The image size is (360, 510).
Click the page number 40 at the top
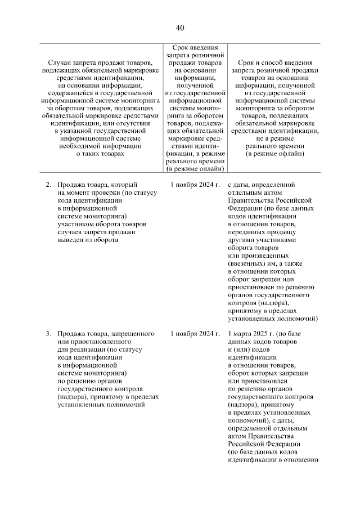[x=180, y=28]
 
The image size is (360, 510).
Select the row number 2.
[x=48, y=184]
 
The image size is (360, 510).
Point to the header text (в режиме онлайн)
[x=195, y=168]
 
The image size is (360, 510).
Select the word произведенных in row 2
[x=262, y=256]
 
